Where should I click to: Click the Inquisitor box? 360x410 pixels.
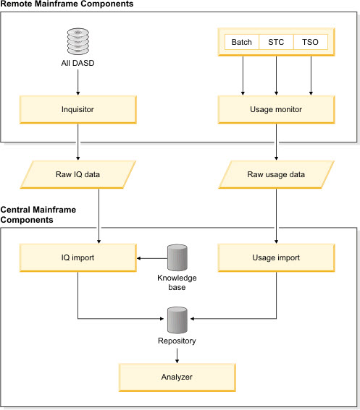click(77, 110)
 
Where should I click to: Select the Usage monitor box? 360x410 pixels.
click(276, 110)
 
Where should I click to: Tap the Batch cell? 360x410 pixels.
click(242, 42)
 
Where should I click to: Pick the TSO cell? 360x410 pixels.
click(310, 42)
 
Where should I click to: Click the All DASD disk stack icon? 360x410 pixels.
click(77, 38)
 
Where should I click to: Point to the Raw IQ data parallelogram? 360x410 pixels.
click(77, 174)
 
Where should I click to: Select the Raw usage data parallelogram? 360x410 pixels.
click(276, 174)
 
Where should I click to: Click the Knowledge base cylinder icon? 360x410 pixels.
click(177, 257)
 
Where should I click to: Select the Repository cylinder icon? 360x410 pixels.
click(177, 318)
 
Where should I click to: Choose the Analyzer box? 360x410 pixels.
click(177, 377)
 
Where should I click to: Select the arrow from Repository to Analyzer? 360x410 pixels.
click(177, 353)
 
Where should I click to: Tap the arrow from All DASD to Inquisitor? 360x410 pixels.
click(77, 82)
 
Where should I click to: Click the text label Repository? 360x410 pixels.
click(177, 338)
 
